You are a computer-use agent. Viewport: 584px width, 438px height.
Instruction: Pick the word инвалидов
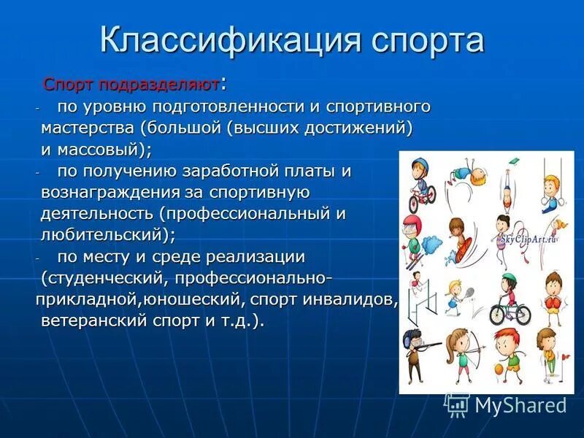(x=354, y=300)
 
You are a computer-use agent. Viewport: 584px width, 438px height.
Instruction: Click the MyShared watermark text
(x=520, y=404)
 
